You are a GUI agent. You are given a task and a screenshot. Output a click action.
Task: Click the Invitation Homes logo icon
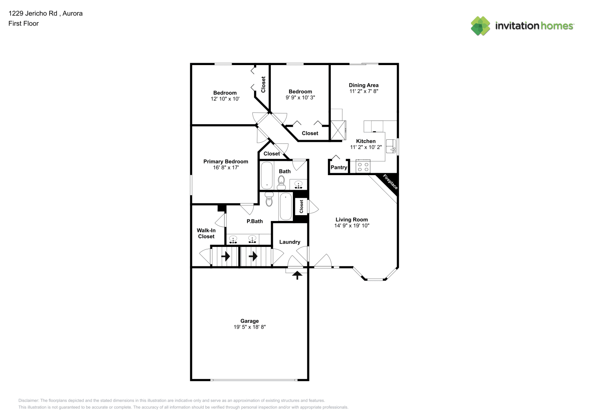coord(480,26)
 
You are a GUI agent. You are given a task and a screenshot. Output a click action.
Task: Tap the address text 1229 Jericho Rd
coord(33,13)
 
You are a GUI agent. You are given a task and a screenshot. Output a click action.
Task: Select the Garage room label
coord(250,321)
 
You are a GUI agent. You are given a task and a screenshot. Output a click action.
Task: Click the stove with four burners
coord(363,166)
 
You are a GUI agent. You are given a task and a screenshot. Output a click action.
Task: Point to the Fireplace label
coord(390,182)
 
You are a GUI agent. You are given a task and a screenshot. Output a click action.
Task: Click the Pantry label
coord(339,168)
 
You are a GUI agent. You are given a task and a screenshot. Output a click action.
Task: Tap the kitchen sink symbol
coord(391,146)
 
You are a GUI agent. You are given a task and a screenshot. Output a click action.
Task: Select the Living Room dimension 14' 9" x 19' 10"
coord(352,226)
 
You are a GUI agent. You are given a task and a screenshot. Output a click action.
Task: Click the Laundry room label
coord(290,242)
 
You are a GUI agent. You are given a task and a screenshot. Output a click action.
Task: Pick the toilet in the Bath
coord(281,183)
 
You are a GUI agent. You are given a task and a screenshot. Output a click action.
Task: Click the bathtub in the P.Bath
coord(286,206)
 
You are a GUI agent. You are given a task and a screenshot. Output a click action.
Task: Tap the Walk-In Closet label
coord(206,233)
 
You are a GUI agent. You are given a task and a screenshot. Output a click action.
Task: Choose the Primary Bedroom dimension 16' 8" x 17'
coord(226,168)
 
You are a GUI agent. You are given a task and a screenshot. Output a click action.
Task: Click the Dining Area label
coord(364,85)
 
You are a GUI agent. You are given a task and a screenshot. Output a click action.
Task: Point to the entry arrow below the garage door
coord(297,275)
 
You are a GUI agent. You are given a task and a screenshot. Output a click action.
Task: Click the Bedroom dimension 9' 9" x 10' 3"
coord(300,98)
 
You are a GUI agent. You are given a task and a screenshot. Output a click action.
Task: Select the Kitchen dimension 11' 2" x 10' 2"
coord(366,147)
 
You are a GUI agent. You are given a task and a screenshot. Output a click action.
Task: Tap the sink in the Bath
coord(298,184)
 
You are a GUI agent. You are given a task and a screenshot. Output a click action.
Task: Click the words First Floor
coord(23,23)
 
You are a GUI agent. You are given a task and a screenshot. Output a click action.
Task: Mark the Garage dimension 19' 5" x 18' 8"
coord(250,327)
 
